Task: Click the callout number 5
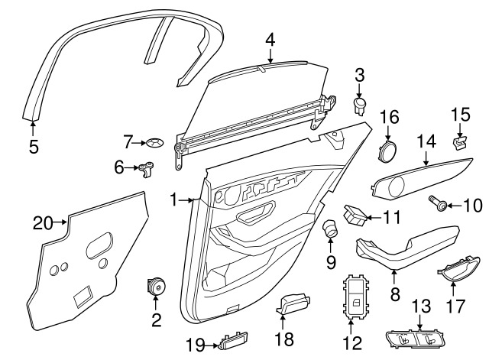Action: pos(34,147)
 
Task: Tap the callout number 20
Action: pos(43,223)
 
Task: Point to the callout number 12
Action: pos(352,343)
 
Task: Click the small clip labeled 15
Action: pos(461,143)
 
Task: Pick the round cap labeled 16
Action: pos(387,151)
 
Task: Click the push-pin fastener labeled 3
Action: pos(360,106)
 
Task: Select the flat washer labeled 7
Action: pos(155,143)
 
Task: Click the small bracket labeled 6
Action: pos(146,169)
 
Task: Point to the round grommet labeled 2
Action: pos(156,286)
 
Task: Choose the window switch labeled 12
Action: pos(356,297)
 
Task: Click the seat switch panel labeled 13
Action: pos(416,339)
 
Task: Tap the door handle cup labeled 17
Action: pos(458,269)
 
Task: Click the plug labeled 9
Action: pos(330,229)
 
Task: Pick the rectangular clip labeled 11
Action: pos(355,215)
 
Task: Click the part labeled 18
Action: pos(293,303)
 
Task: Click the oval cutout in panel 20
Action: pos(99,245)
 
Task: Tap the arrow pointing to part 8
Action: pos(394,277)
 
